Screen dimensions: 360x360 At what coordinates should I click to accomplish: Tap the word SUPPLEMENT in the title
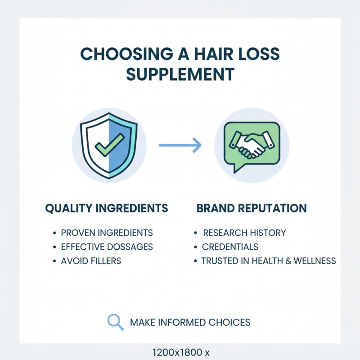pyautogui.click(x=180, y=74)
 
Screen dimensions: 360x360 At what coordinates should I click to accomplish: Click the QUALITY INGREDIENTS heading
pyautogui.click(x=107, y=208)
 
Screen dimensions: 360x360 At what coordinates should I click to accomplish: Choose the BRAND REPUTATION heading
pyautogui.click(x=252, y=208)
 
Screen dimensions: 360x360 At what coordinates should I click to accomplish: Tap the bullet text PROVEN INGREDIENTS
pyautogui.click(x=107, y=233)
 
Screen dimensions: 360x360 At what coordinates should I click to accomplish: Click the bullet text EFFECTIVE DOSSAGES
pyautogui.click(x=107, y=247)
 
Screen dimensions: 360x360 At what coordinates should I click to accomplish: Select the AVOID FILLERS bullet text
pyautogui.click(x=91, y=261)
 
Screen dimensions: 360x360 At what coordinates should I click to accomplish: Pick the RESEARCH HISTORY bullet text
pyautogui.click(x=244, y=233)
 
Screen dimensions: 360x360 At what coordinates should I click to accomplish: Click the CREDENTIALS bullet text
pyautogui.click(x=230, y=247)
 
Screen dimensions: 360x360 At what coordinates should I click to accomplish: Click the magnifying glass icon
pyautogui.click(x=115, y=321)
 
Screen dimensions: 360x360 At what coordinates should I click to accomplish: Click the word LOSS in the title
pyautogui.click(x=261, y=54)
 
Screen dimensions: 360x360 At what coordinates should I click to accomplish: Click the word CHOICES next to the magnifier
pyautogui.click(x=229, y=322)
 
